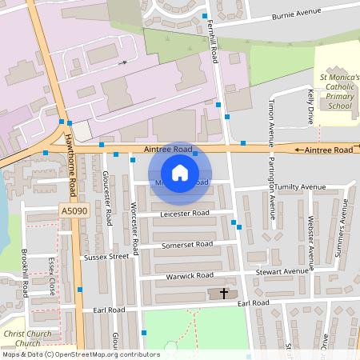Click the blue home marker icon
180,173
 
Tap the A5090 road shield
71,210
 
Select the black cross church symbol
223,294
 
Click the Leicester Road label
184,214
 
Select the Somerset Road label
188,244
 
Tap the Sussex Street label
106,258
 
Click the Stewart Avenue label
282,272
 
